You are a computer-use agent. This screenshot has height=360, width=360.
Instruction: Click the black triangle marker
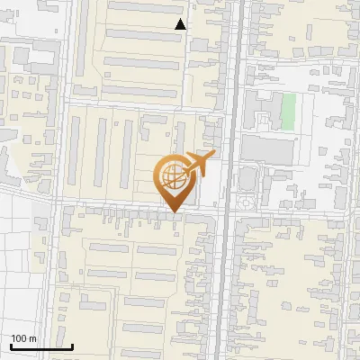tap(181, 24)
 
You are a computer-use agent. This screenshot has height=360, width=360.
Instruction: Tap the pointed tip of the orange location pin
tap(174, 213)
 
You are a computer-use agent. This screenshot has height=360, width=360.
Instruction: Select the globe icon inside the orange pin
tap(174, 177)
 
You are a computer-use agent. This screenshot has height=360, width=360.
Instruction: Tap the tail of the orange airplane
tap(184, 166)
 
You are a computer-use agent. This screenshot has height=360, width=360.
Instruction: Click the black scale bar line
tap(40, 346)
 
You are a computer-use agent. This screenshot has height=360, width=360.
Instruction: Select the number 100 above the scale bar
tap(19, 338)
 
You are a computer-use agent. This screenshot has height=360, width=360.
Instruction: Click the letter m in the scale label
tap(32, 338)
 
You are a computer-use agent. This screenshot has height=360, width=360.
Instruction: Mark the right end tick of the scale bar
tap(72, 345)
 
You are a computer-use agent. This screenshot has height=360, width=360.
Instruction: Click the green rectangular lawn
tap(288, 110)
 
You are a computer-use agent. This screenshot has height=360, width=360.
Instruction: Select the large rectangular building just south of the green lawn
tap(267, 149)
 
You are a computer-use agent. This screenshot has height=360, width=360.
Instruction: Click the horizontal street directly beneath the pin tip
tap(174, 217)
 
